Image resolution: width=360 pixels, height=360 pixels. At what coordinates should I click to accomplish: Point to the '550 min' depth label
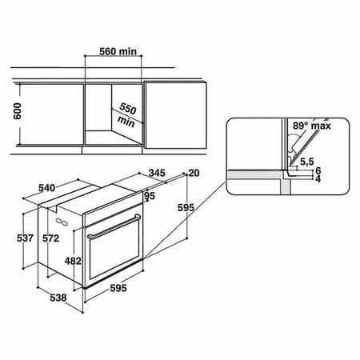click(x=128, y=114)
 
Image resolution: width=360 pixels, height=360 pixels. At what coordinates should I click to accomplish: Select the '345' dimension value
click(x=156, y=172)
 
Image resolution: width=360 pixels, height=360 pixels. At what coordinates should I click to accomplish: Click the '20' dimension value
click(x=192, y=173)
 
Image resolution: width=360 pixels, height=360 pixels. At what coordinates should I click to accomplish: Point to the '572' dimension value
click(x=50, y=238)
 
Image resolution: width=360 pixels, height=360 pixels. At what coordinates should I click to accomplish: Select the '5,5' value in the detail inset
click(x=306, y=161)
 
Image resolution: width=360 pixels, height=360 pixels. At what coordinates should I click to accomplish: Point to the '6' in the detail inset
click(x=318, y=171)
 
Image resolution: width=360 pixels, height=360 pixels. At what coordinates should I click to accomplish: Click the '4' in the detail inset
click(x=318, y=180)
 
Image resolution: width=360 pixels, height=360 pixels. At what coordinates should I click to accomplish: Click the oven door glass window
click(x=113, y=256)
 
